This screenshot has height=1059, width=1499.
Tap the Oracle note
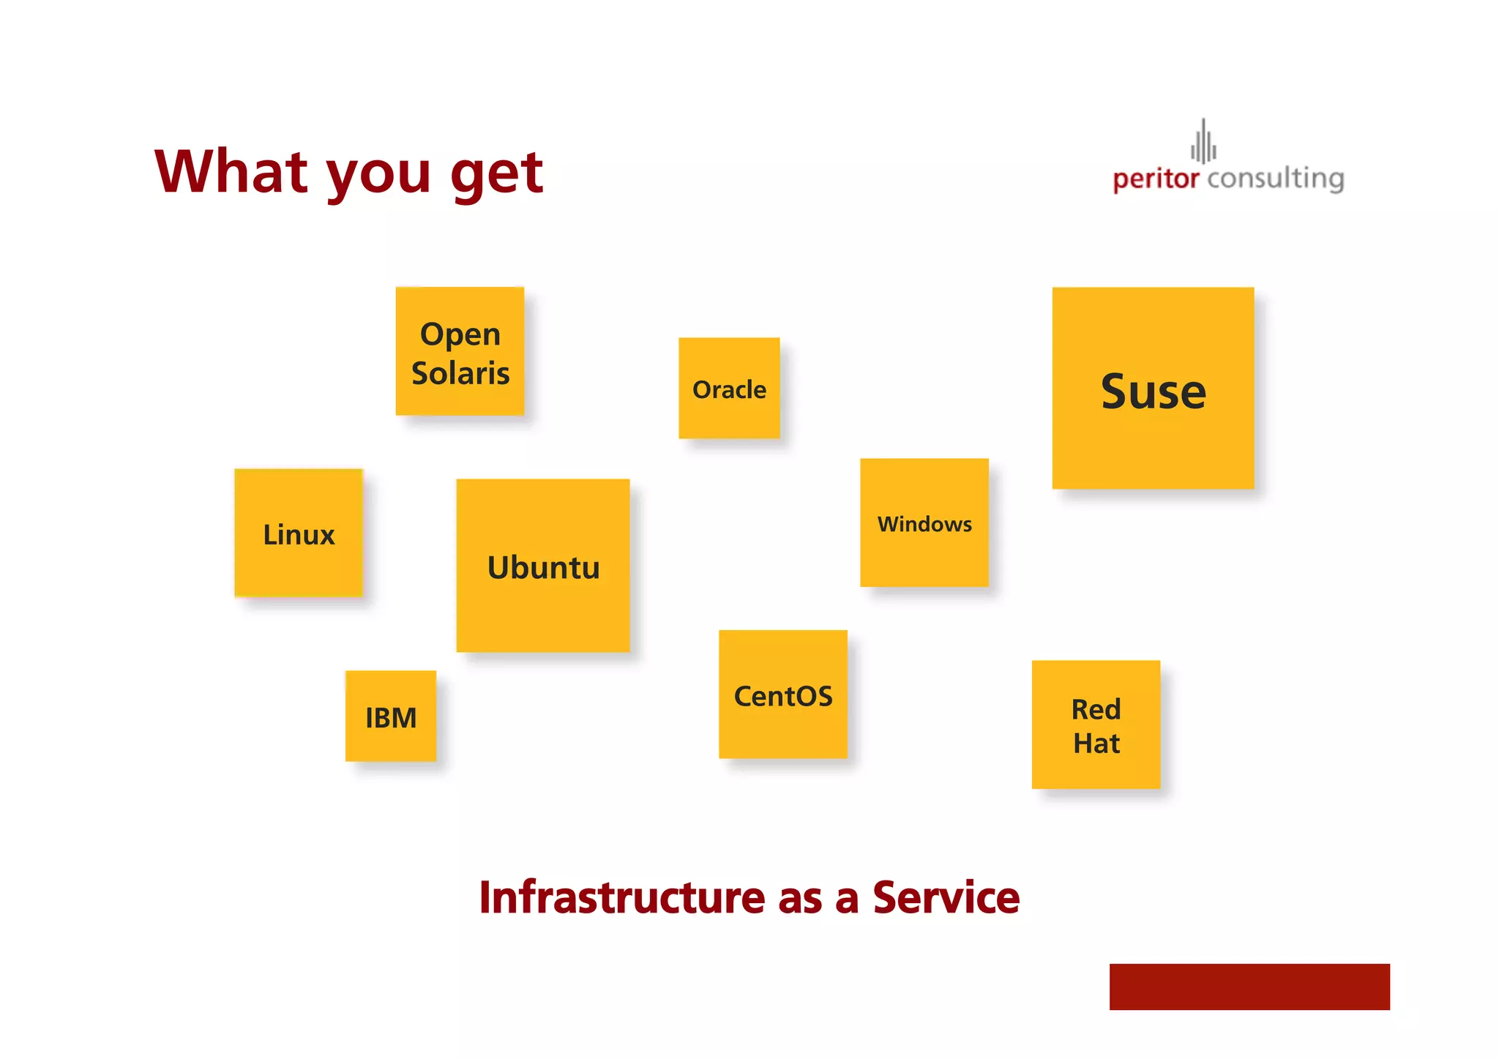(x=729, y=389)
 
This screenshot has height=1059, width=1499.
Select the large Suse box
(x=1153, y=389)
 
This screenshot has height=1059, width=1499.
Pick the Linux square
(x=299, y=534)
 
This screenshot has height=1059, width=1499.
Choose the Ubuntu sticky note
(x=543, y=566)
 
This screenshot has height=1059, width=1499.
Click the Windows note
(x=924, y=523)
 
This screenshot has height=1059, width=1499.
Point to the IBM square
(x=391, y=716)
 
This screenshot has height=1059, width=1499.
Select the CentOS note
(x=783, y=695)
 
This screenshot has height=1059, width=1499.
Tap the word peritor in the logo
(x=1156, y=179)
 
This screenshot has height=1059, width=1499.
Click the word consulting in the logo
(x=1276, y=179)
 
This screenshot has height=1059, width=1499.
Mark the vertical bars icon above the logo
(x=1203, y=141)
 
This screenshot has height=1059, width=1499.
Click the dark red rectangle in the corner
(x=1249, y=987)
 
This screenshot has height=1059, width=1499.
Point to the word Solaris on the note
(x=460, y=373)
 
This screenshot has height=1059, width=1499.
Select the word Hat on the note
(x=1096, y=744)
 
